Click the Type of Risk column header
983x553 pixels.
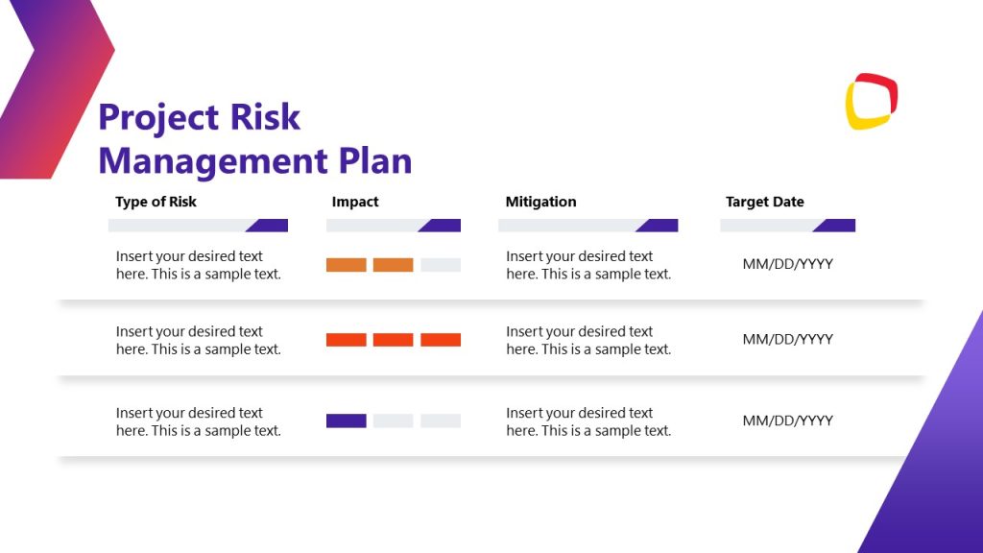tap(156, 202)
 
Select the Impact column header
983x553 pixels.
tap(355, 202)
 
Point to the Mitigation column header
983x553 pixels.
tap(540, 202)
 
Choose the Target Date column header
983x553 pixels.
tap(764, 202)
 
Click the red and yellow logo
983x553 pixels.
tap(871, 101)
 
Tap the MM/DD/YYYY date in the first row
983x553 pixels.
tap(787, 264)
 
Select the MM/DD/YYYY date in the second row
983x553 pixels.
tap(787, 339)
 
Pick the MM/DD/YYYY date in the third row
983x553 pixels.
tap(787, 421)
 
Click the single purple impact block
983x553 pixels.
tap(346, 421)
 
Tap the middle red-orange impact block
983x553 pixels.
tap(393, 340)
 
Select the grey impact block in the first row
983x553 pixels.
tap(441, 265)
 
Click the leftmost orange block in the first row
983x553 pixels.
tap(346, 265)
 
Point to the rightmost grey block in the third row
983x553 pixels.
tap(441, 421)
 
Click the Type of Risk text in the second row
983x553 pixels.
tap(198, 340)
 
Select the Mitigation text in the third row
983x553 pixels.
tap(587, 421)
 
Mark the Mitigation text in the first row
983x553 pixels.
tap(587, 265)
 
